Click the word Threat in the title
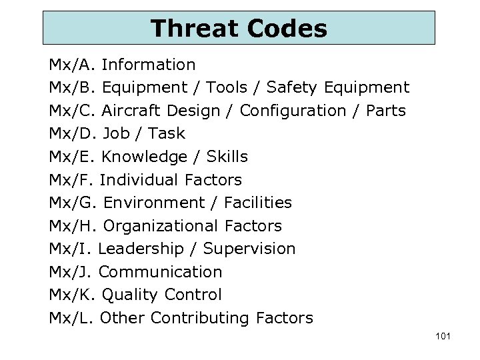pyautogui.click(x=194, y=29)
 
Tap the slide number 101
pyautogui.click(x=442, y=336)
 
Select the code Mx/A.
pyautogui.click(x=73, y=65)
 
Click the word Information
pyautogui.click(x=149, y=65)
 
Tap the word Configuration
pyautogui.click(x=296, y=111)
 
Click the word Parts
pyautogui.click(x=386, y=111)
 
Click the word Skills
pyautogui.click(x=227, y=157)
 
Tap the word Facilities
pyautogui.click(x=258, y=203)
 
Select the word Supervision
pyautogui.click(x=249, y=249)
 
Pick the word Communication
pyautogui.click(x=160, y=272)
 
